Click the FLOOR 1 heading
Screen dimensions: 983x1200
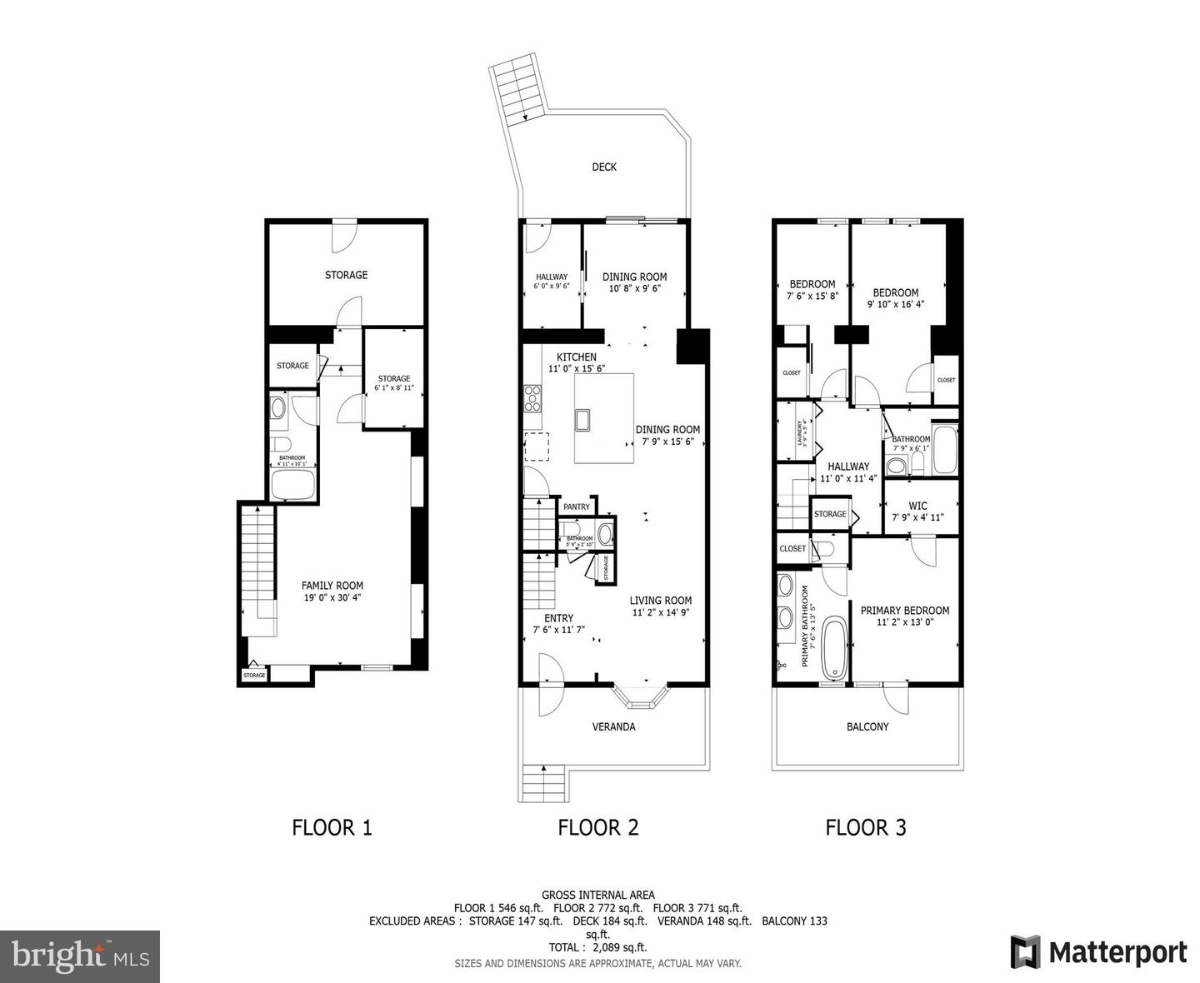[x=332, y=827]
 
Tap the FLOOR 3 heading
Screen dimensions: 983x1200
[x=866, y=827]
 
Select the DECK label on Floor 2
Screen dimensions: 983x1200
[x=604, y=167]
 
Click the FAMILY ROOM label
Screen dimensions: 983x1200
[x=332, y=586]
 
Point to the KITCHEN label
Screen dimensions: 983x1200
[x=577, y=357]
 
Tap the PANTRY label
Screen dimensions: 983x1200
[x=576, y=506]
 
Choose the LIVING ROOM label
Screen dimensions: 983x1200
[x=660, y=600]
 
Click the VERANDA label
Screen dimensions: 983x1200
[x=613, y=726]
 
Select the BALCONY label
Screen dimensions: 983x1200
[x=867, y=726]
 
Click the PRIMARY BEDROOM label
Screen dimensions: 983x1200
[x=904, y=610]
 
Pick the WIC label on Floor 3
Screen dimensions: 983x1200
[x=917, y=506]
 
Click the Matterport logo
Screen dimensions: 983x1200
[x=1098, y=951]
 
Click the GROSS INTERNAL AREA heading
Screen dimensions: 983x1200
[x=597, y=895]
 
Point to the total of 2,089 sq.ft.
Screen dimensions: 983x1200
[x=597, y=947]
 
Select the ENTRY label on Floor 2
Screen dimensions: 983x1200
[x=558, y=618]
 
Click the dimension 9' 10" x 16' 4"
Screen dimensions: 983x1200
[x=896, y=304]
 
